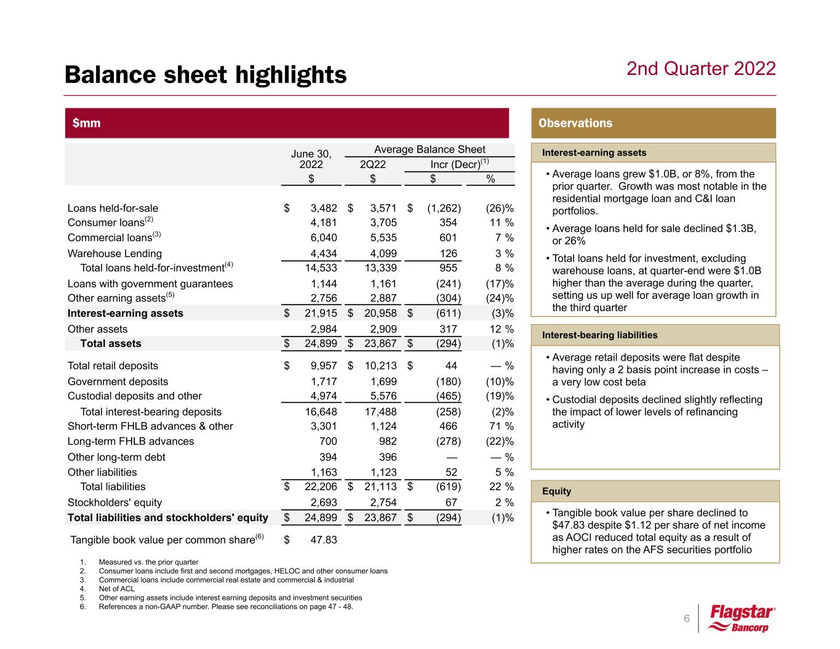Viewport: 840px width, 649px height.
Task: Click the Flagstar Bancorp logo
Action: (x=742, y=619)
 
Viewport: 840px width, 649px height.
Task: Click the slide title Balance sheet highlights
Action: (x=206, y=75)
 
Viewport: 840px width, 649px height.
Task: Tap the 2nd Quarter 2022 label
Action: (x=701, y=68)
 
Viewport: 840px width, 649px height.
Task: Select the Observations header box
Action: (x=653, y=123)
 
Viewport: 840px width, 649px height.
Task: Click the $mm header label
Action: (x=87, y=123)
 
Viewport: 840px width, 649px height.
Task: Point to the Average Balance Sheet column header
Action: (x=430, y=149)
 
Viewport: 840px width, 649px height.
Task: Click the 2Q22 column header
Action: (x=373, y=164)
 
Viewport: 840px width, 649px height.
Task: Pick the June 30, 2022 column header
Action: (x=311, y=159)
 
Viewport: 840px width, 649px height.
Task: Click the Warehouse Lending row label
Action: (x=114, y=253)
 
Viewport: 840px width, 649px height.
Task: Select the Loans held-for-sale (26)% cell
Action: (x=498, y=208)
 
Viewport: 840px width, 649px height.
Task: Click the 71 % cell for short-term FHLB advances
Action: (x=500, y=426)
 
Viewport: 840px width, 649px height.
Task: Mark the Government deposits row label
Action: (x=118, y=381)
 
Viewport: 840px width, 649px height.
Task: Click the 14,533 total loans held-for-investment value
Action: (x=317, y=268)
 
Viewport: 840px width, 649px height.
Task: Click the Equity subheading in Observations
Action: (x=556, y=491)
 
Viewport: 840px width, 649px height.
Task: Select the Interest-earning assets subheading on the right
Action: (x=594, y=153)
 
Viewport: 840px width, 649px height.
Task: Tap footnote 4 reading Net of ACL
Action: (x=116, y=589)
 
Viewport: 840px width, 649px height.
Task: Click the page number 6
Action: (x=687, y=618)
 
